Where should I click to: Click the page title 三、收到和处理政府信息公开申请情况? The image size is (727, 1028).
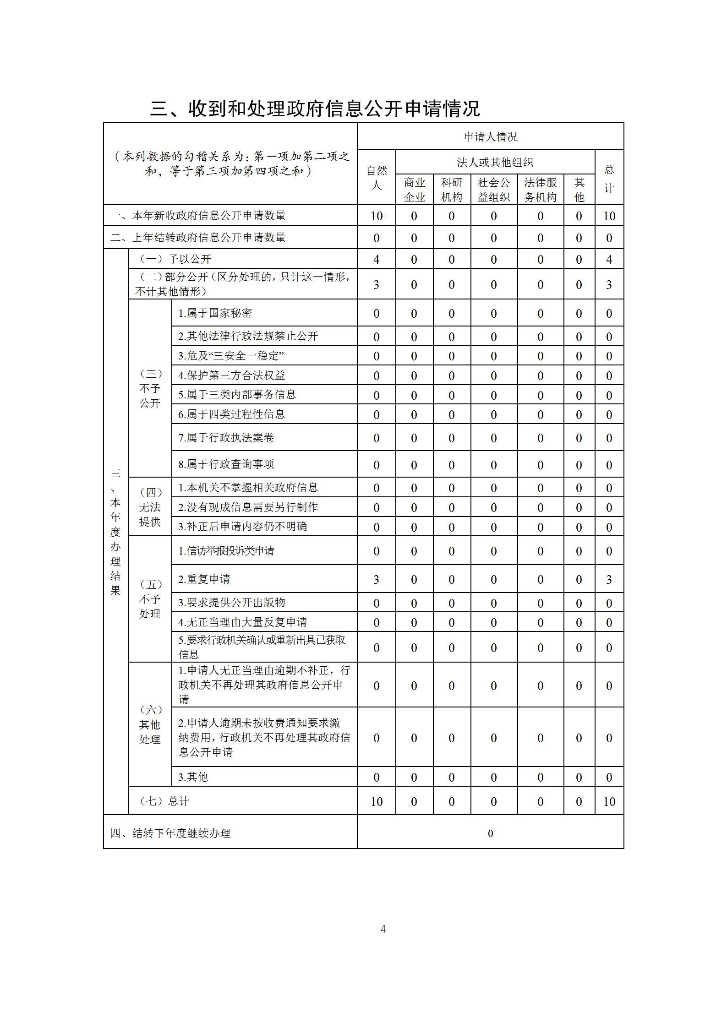point(315,109)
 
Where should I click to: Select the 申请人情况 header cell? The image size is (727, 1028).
point(490,136)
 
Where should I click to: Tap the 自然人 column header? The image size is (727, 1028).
point(376,178)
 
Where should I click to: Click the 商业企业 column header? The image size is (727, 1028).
point(414,190)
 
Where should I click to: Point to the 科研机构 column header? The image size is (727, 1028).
point(451,190)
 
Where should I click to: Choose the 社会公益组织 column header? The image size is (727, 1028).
point(493,190)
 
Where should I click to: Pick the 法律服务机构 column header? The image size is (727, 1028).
point(540,190)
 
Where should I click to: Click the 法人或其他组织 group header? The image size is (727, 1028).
point(495,162)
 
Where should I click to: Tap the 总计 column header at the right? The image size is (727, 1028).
point(609,179)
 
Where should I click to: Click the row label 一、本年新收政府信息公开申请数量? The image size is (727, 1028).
point(198,216)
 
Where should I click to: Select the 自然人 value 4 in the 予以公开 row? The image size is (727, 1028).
point(376,260)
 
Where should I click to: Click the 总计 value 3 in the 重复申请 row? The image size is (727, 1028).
point(609,580)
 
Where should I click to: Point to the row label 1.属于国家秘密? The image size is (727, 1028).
point(215,313)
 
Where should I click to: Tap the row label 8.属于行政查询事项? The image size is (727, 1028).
point(226,464)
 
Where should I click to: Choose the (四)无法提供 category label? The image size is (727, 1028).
point(150,507)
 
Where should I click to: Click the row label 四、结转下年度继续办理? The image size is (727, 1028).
point(170,833)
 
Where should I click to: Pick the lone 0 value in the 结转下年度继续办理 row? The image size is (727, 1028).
point(490,833)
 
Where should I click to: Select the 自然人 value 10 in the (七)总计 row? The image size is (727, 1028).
point(376,801)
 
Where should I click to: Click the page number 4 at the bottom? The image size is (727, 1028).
point(383,929)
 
